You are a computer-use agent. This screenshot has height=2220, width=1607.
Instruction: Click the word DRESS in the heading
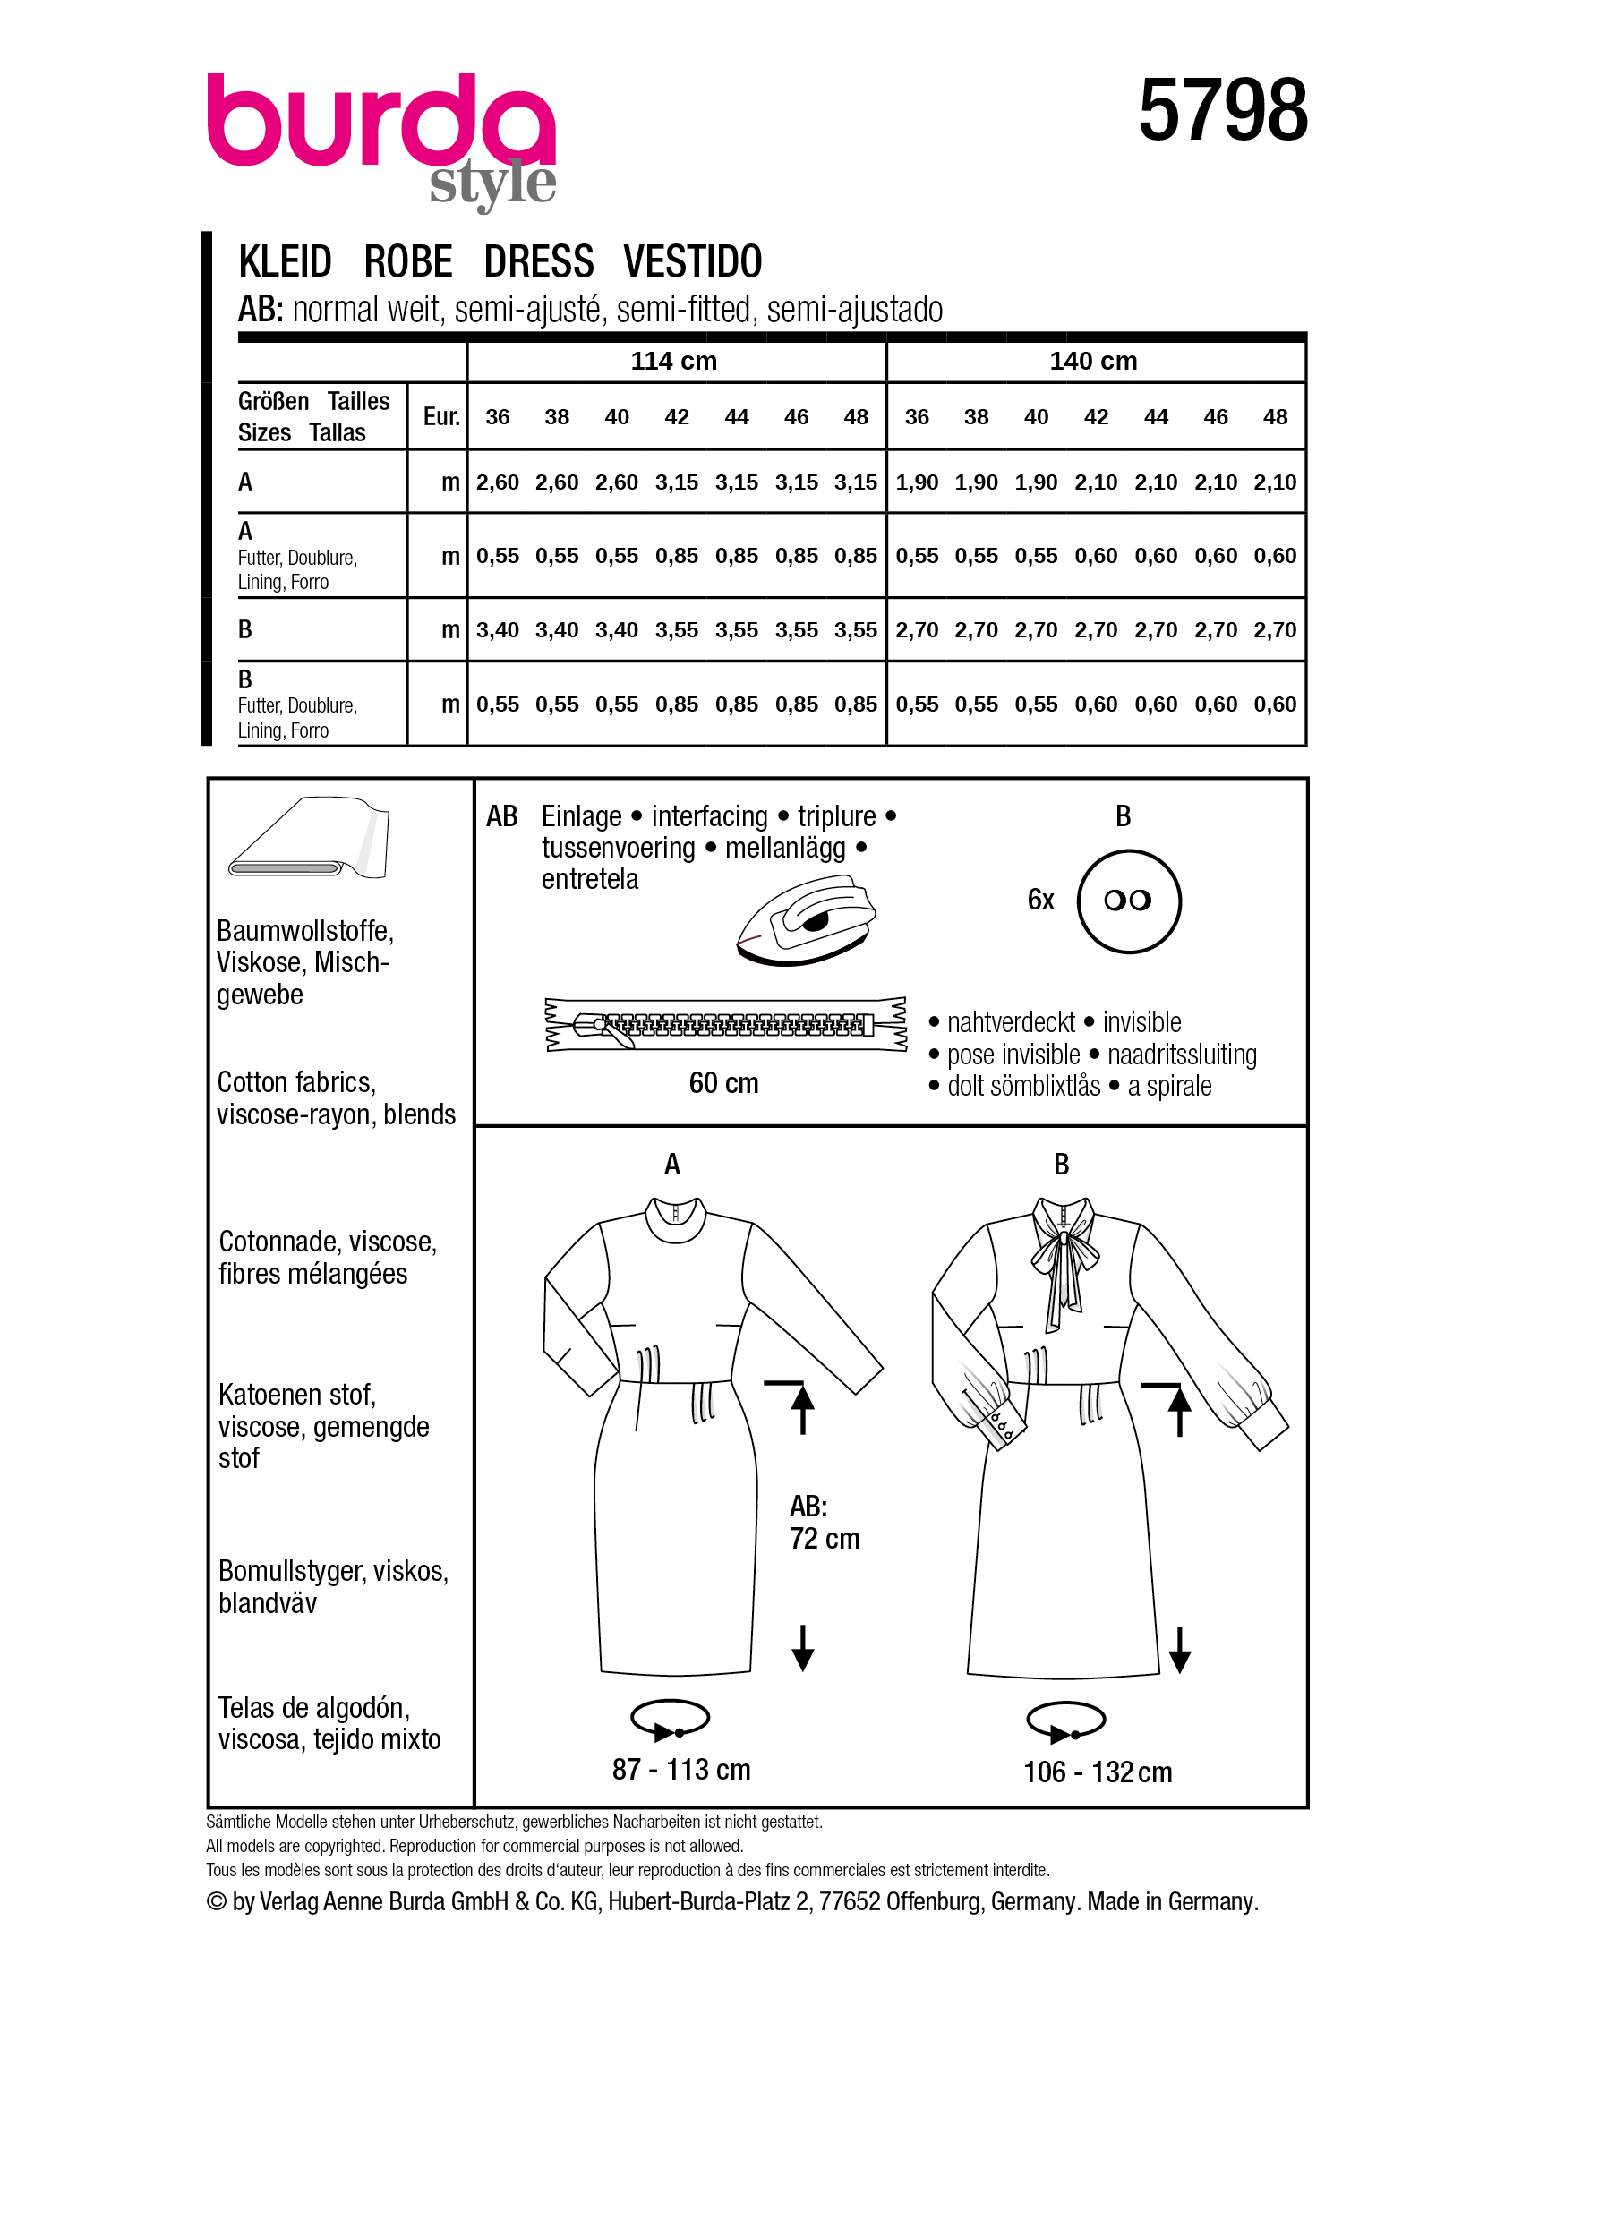click(x=538, y=262)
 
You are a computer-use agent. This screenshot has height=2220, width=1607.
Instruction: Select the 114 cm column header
click(x=673, y=361)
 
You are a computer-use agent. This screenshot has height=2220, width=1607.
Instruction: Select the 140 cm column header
click(x=1092, y=361)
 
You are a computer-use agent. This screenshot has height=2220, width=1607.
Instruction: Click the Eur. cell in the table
click(x=440, y=417)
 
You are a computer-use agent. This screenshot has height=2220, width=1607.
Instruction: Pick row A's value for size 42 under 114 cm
click(x=676, y=482)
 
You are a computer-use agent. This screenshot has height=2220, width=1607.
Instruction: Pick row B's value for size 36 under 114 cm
click(x=497, y=630)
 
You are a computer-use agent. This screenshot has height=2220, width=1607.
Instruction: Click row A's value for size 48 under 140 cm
click(x=1274, y=482)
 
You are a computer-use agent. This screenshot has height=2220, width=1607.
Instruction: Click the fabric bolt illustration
click(x=308, y=839)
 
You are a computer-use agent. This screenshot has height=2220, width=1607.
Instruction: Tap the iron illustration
click(x=806, y=920)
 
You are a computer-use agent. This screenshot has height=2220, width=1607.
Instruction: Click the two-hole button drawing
click(x=1127, y=901)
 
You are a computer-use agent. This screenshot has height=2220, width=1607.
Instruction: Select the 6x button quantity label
click(x=1040, y=901)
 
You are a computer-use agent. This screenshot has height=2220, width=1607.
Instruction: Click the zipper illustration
click(x=725, y=1025)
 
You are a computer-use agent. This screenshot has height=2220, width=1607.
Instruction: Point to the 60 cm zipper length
click(x=723, y=1083)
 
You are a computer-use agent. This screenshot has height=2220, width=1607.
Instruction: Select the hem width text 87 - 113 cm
click(x=681, y=1770)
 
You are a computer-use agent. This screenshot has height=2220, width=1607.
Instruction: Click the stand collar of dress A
click(x=674, y=1218)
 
